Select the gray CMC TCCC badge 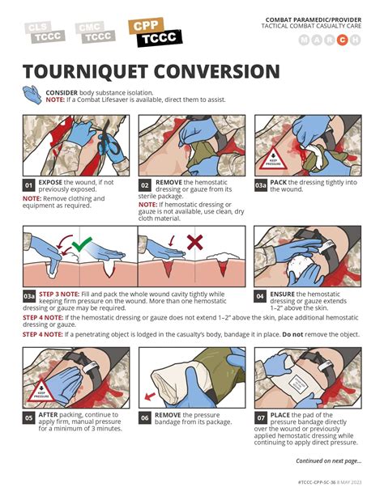[x=95, y=32]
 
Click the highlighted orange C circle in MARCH [x=343, y=40]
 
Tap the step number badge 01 [x=29, y=185]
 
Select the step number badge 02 [x=145, y=185]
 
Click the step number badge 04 [x=261, y=295]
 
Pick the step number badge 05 [x=29, y=418]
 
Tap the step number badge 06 [x=145, y=418]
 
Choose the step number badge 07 [x=261, y=418]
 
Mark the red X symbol [x=194, y=242]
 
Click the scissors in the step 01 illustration [x=105, y=146]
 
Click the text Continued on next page [x=328, y=461]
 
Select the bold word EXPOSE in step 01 [x=51, y=182]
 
